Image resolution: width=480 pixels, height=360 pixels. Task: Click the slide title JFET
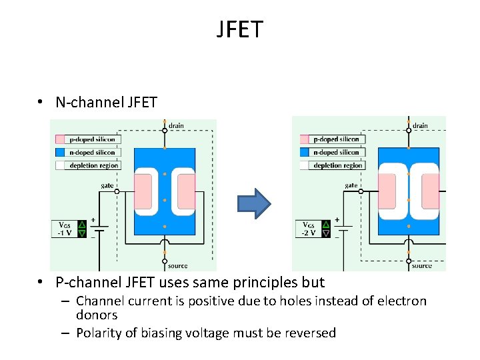click(240, 29)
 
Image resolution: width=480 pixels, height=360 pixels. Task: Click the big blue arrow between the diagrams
click(253, 203)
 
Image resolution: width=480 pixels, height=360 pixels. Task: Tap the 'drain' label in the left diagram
click(177, 125)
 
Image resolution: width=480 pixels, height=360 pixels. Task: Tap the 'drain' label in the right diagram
click(420, 125)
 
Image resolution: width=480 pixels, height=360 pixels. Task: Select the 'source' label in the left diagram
click(178, 265)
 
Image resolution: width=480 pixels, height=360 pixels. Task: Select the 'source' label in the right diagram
click(421, 265)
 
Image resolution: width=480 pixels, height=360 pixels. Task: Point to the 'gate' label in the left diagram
click(107, 185)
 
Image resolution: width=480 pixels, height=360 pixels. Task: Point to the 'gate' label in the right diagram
click(351, 185)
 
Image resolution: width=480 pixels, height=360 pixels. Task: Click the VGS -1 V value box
click(65, 229)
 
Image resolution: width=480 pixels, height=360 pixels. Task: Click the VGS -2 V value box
click(309, 229)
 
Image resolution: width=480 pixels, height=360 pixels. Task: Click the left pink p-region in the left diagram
click(143, 192)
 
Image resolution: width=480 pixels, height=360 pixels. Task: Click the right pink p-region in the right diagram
click(431, 192)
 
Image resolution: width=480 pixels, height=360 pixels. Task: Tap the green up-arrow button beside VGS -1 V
click(82, 225)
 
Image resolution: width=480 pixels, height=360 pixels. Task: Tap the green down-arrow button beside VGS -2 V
click(326, 233)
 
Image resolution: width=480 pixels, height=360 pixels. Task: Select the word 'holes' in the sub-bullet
click(307, 301)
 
